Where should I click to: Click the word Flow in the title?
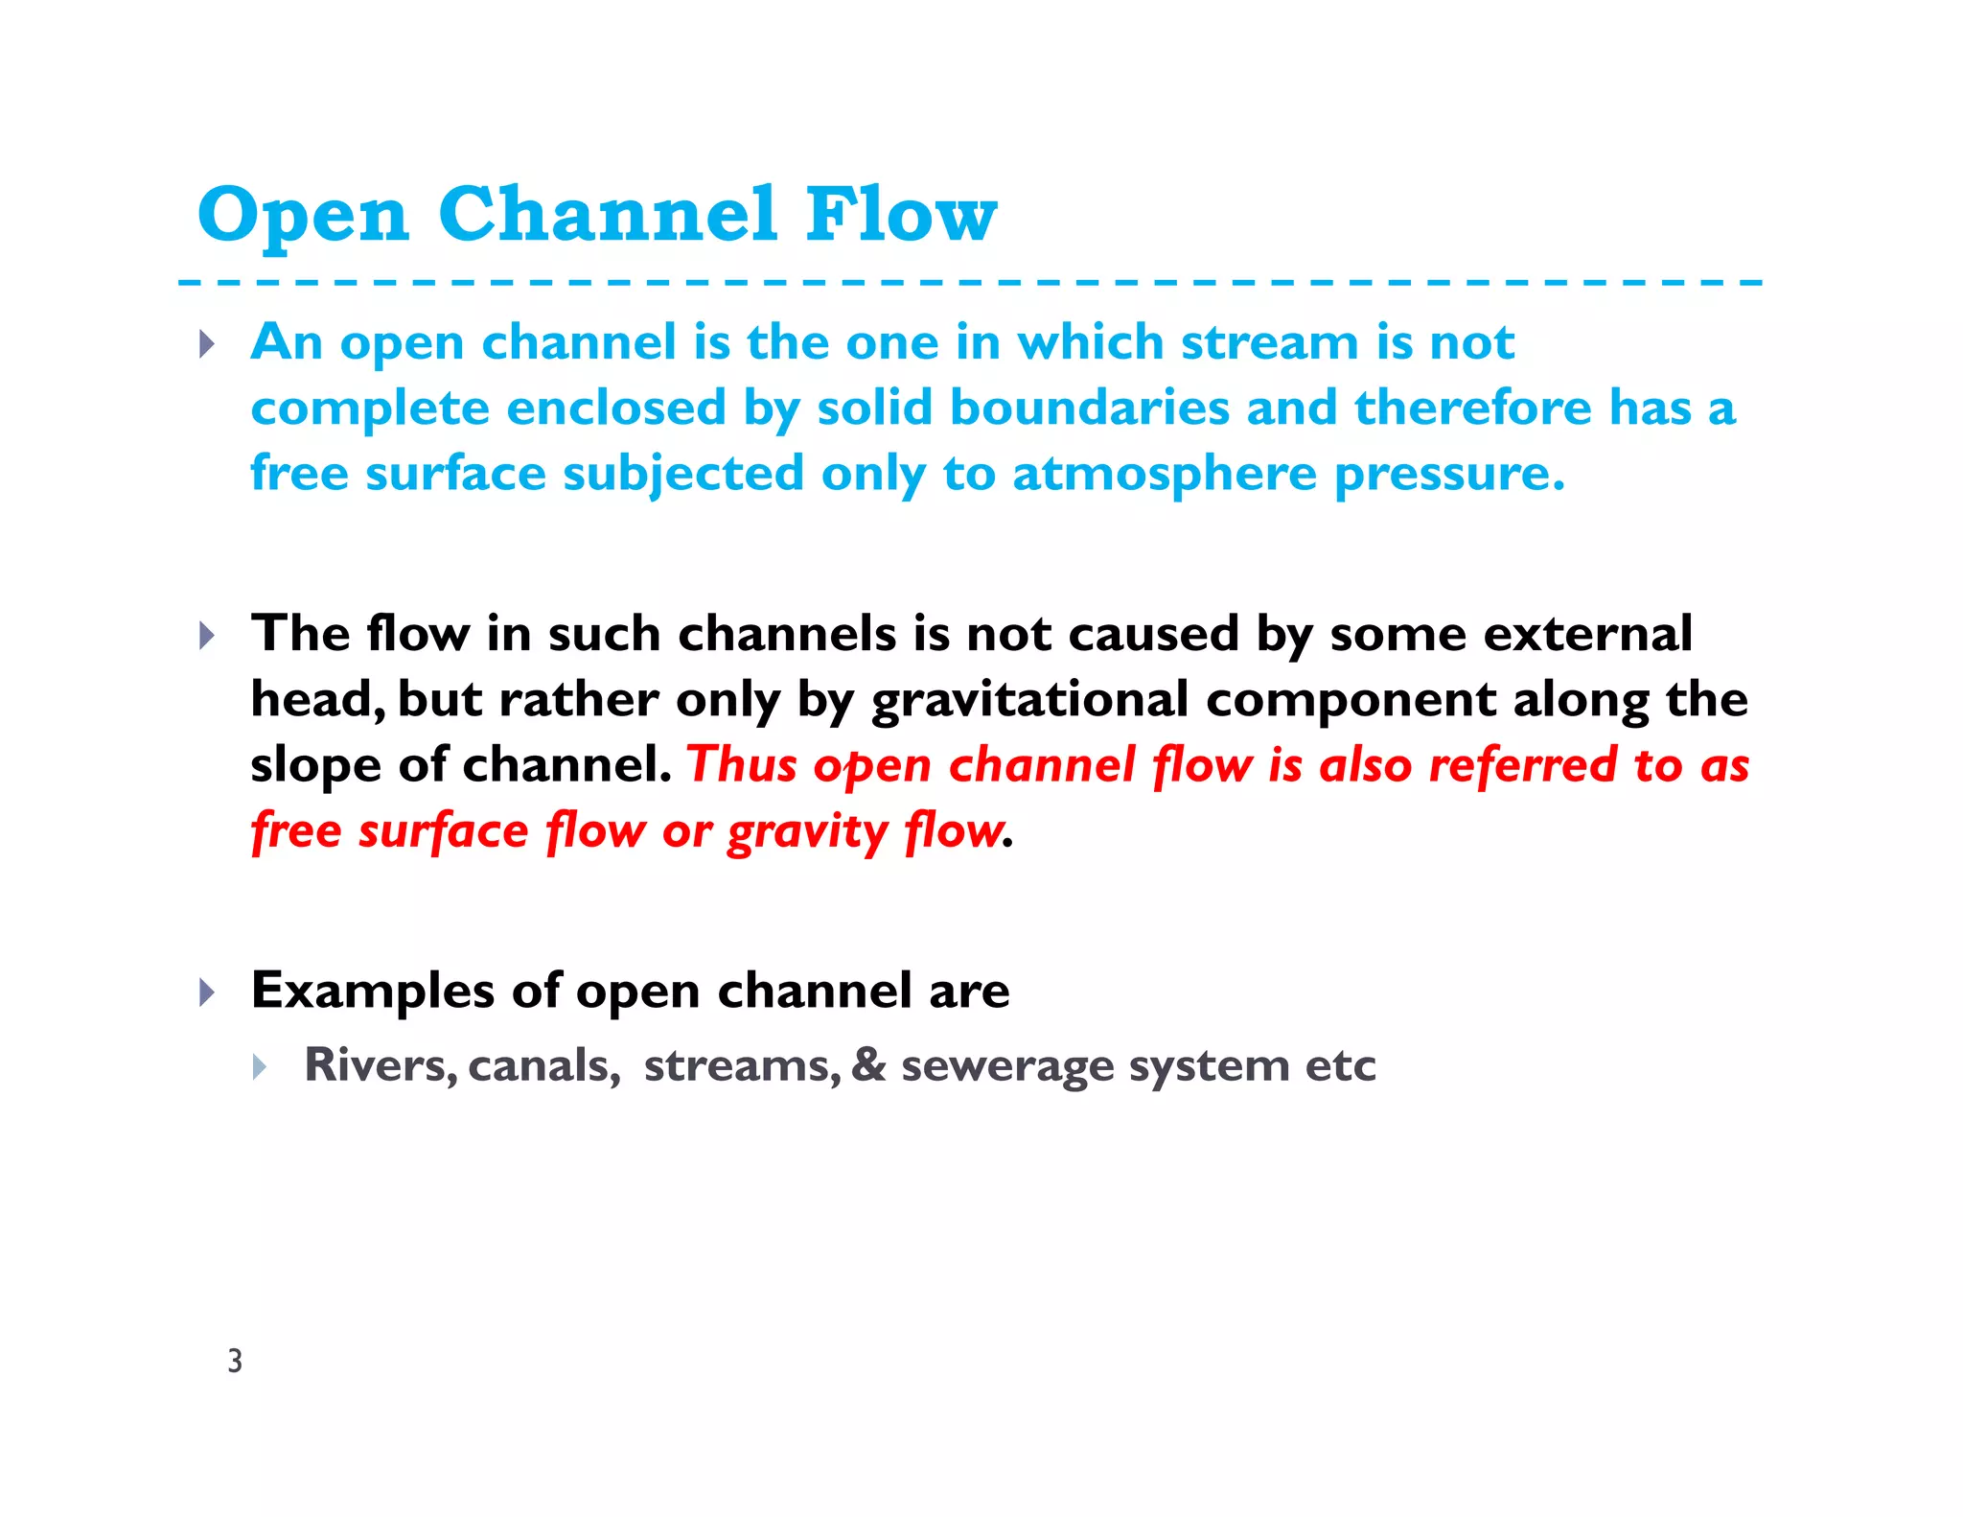(901, 214)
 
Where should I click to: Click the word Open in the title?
(304, 216)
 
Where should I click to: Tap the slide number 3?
(235, 1361)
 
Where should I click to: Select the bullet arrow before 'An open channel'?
(206, 344)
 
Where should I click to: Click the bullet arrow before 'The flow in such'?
(206, 635)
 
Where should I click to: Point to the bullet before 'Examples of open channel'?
(206, 992)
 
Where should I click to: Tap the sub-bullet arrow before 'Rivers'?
(260, 1066)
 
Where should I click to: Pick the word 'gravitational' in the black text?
(1029, 700)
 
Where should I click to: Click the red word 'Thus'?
(743, 765)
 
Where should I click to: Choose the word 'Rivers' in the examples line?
(381, 1065)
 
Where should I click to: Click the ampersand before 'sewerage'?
(868, 1065)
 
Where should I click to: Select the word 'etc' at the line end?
(1340, 1065)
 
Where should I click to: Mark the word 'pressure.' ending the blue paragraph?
(1449, 475)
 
